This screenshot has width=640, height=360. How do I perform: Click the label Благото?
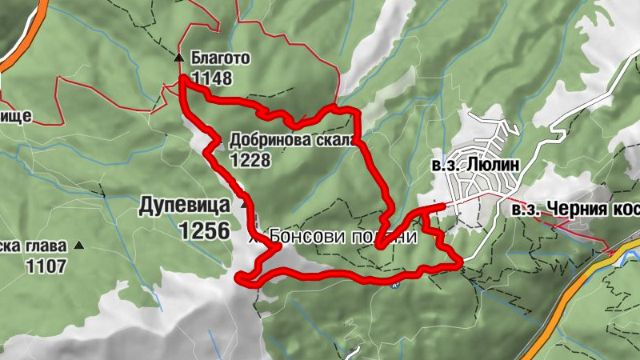221,58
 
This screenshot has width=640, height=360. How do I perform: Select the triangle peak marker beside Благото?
179,58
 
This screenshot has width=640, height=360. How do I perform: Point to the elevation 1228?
250,160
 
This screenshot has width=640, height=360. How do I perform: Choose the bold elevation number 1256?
204,231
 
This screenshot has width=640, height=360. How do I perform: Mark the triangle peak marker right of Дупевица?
244,205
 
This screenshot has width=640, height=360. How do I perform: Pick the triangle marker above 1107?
78,246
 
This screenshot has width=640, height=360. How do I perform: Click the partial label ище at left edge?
15,116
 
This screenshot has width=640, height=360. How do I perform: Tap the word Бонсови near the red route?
302,237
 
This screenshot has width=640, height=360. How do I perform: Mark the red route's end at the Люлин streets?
442,207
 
